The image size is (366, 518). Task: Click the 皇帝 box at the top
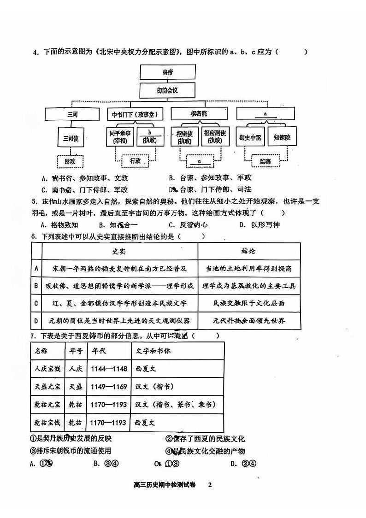click(x=167, y=72)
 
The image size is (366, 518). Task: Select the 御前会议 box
click(x=167, y=90)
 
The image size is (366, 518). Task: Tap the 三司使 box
click(x=71, y=138)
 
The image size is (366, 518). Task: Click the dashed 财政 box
click(x=70, y=161)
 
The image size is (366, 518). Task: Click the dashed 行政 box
click(x=135, y=161)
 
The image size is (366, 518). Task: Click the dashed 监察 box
click(x=266, y=161)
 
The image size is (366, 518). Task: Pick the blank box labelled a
click(x=265, y=113)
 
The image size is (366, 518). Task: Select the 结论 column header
click(x=248, y=251)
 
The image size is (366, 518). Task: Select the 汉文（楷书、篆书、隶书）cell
click(x=177, y=405)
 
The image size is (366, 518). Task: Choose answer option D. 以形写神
click(x=259, y=225)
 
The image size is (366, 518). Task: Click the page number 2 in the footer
click(x=210, y=485)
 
